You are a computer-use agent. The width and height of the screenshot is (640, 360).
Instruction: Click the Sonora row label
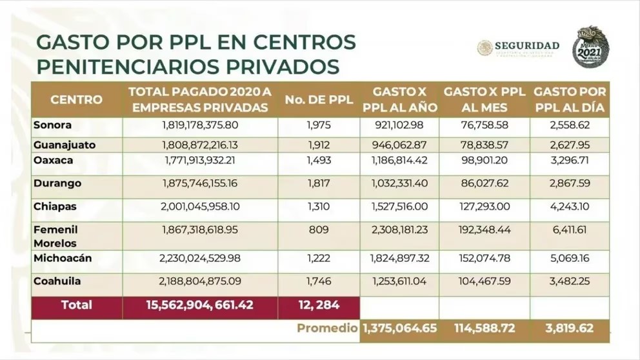53,125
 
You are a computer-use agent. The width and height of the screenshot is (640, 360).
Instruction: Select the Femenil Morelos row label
55,236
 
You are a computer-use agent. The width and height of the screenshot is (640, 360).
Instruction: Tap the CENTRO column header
76,99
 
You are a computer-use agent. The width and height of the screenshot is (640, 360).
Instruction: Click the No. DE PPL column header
319,99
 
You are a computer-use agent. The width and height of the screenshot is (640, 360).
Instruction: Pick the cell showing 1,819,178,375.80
200,125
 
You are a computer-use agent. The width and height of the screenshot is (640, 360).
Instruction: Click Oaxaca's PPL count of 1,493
318,160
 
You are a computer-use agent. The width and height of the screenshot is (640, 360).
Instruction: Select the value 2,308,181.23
399,230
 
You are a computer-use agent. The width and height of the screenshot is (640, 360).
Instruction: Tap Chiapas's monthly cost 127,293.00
485,206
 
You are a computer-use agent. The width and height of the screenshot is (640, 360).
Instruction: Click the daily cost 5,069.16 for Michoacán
570,258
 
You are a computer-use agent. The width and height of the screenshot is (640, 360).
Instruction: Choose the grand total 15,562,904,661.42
200,305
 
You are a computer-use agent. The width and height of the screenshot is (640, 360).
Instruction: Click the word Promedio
327,328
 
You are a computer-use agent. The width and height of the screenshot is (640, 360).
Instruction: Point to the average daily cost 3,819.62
570,328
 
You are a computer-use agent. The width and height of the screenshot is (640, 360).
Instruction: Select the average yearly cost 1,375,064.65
400,328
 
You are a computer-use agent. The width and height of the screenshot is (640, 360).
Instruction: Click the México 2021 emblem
590,47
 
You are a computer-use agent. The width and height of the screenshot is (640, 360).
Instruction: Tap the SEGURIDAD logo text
526,46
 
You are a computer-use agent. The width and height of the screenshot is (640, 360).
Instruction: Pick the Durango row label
57,183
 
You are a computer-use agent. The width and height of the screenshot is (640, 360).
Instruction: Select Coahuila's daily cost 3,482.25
570,281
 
